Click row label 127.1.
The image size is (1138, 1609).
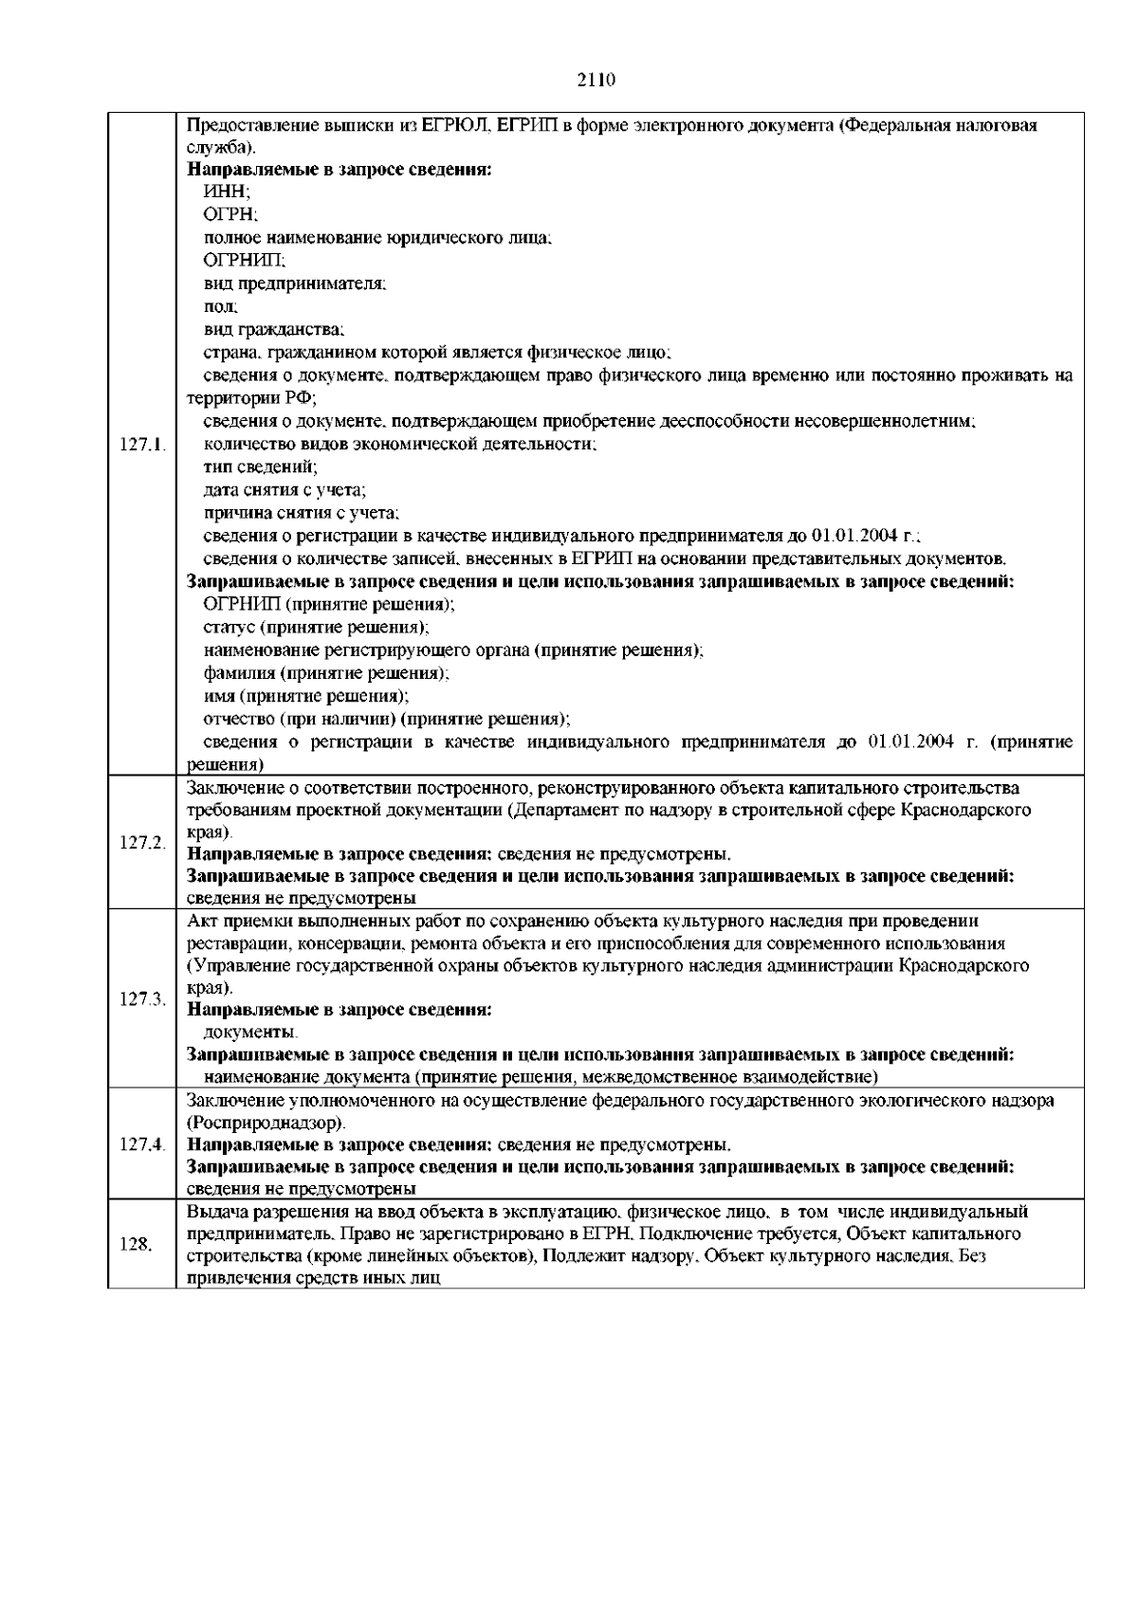[143, 444]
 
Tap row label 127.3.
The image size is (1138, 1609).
[143, 999]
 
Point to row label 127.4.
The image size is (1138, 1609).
[143, 1143]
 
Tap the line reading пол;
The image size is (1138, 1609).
[221, 306]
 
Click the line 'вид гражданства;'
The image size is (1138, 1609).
[274, 329]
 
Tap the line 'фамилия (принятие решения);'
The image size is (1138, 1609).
[326, 672]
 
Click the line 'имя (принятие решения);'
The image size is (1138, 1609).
[306, 695]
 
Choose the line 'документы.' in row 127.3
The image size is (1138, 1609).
[250, 1032]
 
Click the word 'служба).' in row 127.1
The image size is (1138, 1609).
[221, 148]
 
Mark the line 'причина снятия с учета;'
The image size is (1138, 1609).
[301, 512]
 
